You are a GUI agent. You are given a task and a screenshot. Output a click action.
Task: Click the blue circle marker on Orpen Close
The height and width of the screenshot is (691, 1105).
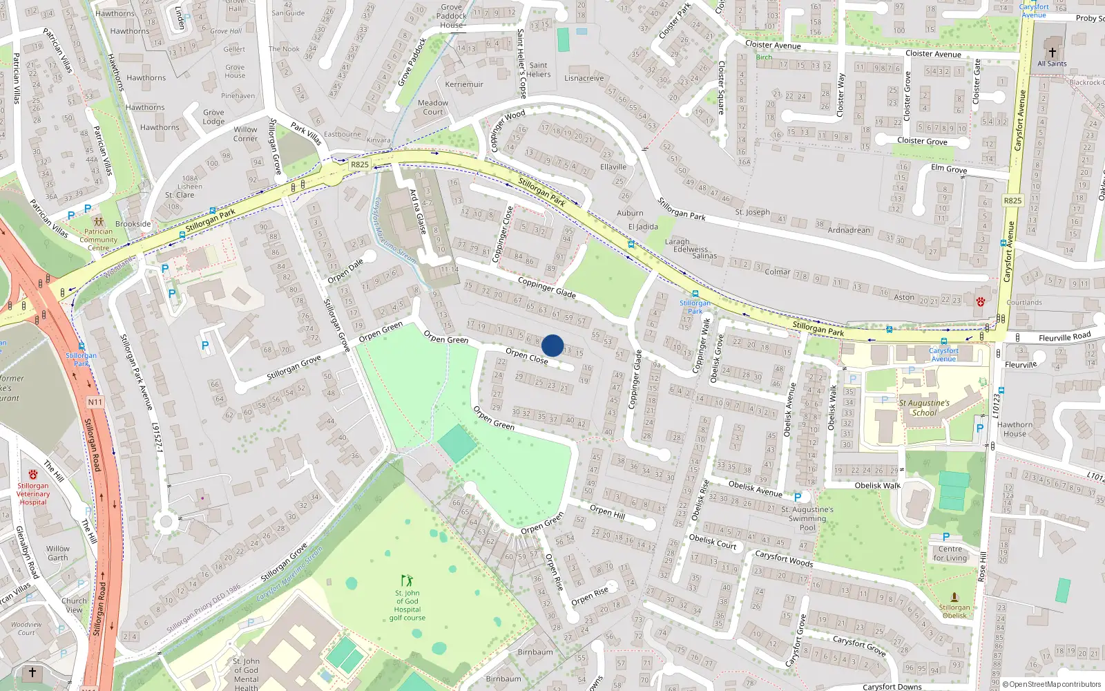552,345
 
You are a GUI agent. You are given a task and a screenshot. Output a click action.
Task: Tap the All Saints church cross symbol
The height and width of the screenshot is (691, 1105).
1052,52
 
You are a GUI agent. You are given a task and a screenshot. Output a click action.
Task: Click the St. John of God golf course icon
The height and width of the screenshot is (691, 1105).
407,580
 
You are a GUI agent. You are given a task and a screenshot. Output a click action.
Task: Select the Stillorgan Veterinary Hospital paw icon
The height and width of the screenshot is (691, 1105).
33,475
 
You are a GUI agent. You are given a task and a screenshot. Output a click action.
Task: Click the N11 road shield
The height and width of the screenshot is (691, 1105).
95,401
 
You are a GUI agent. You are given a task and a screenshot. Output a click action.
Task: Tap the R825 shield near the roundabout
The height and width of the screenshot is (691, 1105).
360,164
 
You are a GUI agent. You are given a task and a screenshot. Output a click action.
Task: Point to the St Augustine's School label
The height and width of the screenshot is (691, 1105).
924,408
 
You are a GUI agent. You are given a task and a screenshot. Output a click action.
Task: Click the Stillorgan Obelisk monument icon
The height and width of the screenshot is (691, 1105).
954,596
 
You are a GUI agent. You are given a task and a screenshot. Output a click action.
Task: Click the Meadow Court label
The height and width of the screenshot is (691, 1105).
433,107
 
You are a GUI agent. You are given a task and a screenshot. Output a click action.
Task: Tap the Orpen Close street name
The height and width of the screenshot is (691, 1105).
526,356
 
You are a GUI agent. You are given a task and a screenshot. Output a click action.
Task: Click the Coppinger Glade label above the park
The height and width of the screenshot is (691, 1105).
546,287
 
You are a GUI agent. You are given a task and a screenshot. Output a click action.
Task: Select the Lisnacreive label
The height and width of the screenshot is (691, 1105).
584,78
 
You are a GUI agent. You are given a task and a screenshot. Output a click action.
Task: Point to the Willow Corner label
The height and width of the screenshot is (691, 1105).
245,134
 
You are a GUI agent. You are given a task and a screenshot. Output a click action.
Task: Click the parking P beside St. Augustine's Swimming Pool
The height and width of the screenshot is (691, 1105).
798,497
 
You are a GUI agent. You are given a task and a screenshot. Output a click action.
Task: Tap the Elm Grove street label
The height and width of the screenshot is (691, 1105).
948,169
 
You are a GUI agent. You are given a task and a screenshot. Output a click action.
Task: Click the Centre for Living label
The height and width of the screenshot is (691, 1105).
950,553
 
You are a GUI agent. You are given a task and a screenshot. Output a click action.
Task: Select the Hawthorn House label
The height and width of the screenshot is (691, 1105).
1015,429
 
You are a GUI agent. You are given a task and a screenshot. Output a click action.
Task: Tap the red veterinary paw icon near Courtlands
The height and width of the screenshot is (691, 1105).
980,302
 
